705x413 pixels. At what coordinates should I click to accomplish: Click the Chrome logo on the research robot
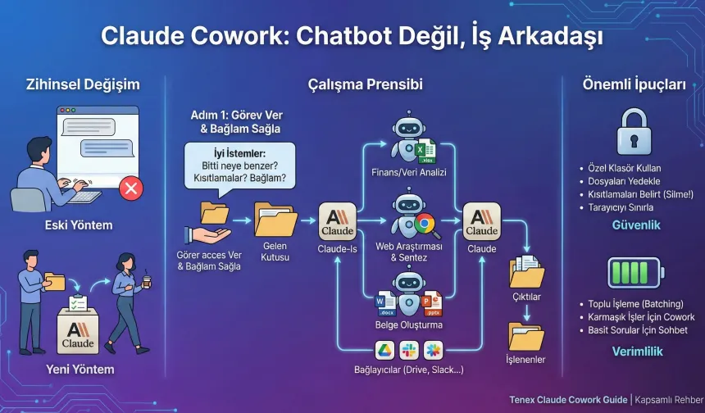pos(425,223)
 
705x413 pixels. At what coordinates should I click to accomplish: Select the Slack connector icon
pos(408,351)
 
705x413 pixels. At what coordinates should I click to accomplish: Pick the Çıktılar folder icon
pos(526,271)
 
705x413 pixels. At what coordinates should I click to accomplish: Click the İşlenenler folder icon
pos(526,335)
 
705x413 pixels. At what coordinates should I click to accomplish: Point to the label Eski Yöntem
pos(80,224)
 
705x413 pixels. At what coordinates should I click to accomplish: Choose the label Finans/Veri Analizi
pos(409,172)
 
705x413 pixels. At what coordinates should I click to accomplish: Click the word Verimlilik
pos(637,351)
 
